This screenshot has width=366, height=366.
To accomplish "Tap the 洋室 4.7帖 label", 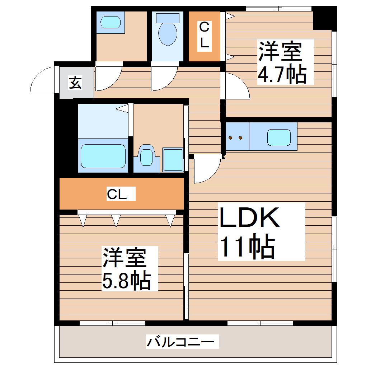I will tap(282, 62).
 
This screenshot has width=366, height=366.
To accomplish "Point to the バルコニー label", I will tap(182, 341).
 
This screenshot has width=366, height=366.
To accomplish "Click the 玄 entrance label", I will tap(75, 84).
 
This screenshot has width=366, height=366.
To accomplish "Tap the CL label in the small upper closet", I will tap(204, 36).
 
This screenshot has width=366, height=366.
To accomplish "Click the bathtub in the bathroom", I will tap(103, 156).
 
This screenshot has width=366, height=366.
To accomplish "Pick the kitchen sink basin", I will tap(278, 137).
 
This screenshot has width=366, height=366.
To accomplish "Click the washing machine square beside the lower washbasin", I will tap(173, 160).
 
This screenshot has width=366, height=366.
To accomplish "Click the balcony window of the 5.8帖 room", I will tap(112, 323).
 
